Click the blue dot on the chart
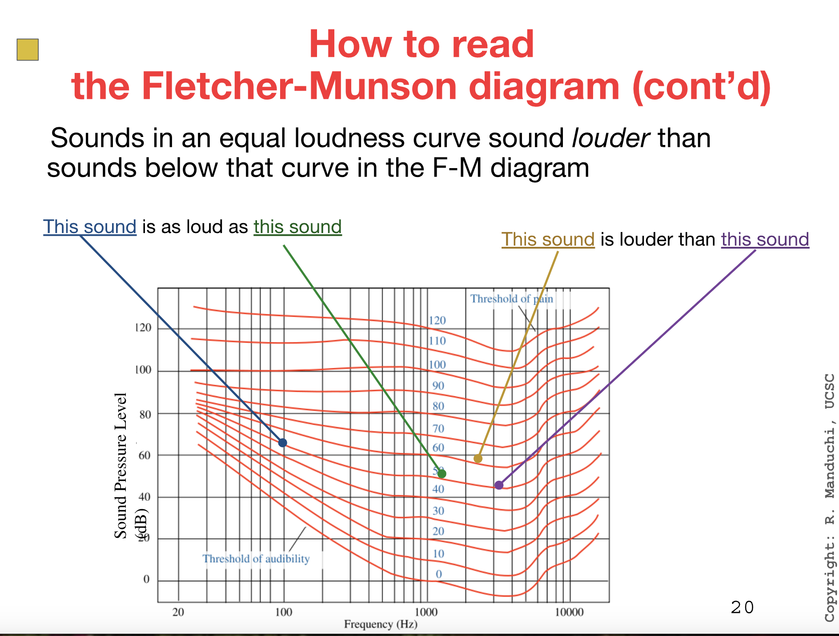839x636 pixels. (283, 443)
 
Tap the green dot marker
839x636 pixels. (442, 474)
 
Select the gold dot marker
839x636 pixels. (478, 459)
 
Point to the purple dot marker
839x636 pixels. (499, 485)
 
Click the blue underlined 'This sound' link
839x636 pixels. (90, 227)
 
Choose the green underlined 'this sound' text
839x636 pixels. (297, 227)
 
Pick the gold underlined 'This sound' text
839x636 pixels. (548, 240)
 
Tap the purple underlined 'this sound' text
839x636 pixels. (765, 240)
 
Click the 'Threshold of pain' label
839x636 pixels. (512, 299)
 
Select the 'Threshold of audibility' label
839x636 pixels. (256, 559)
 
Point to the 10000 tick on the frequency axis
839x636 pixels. (569, 612)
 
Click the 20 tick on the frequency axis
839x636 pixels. (178, 612)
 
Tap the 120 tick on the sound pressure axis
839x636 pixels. (143, 328)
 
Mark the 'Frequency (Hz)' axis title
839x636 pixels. (381, 624)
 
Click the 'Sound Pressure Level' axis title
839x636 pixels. (121, 466)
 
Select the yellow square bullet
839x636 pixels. (28, 49)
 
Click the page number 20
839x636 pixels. (742, 608)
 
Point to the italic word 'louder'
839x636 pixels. (611, 138)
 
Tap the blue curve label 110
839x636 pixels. (437, 341)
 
